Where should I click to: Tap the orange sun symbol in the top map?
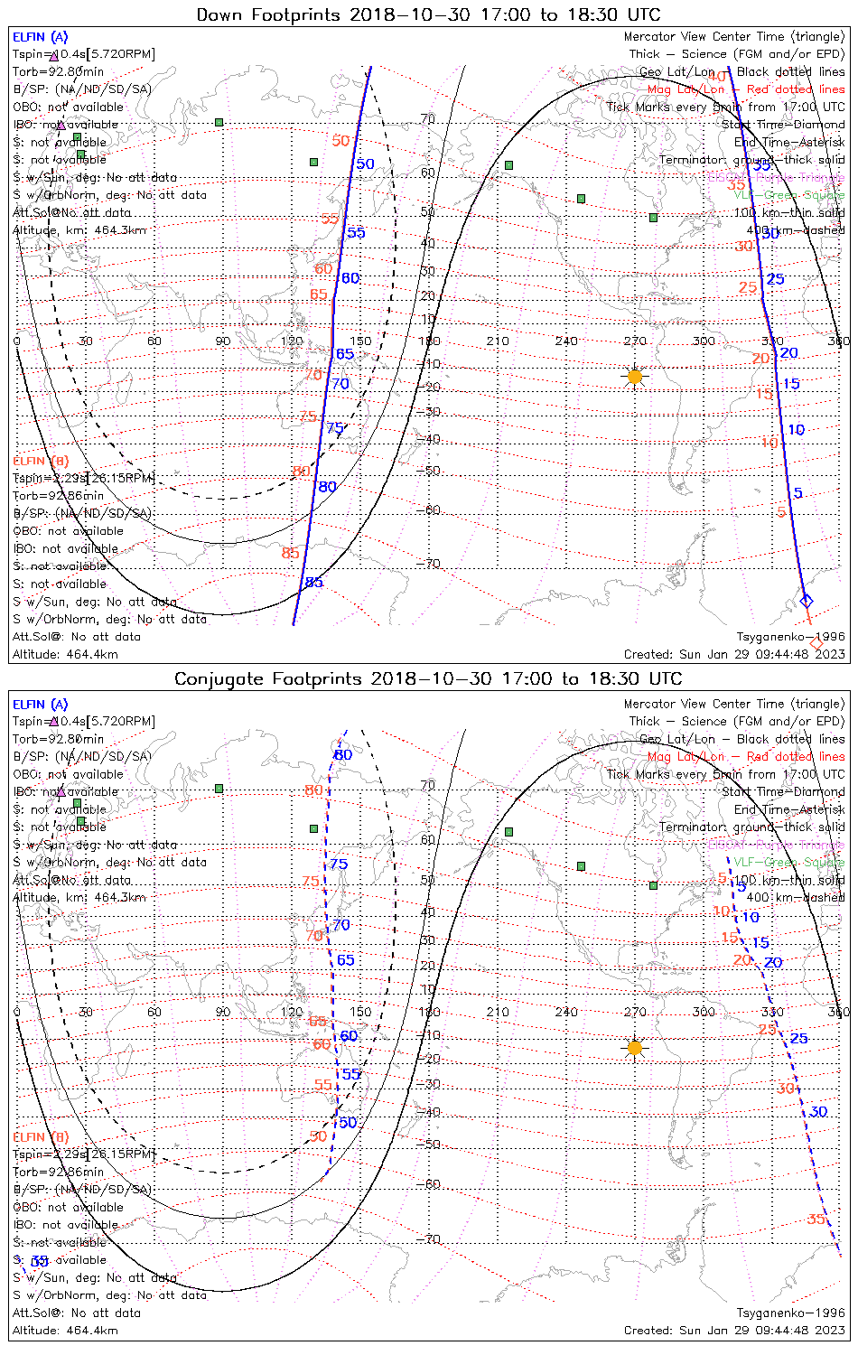[x=635, y=376]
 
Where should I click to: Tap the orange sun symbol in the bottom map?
[x=635, y=1048]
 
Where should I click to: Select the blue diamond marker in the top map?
[x=807, y=601]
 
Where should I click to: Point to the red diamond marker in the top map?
[x=816, y=643]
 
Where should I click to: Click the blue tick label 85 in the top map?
[x=313, y=583]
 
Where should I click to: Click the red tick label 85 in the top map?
[x=290, y=553]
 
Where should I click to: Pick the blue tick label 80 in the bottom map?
[x=343, y=755]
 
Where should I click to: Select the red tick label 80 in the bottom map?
[x=313, y=790]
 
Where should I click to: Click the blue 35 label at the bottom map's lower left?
[x=39, y=1261]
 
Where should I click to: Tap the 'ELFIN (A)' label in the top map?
[x=40, y=37]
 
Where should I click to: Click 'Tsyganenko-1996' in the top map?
[x=790, y=637]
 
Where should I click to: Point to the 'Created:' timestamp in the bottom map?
[x=734, y=1330]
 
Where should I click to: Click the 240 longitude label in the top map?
[x=566, y=341]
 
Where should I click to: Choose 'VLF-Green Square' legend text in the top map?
[x=788, y=195]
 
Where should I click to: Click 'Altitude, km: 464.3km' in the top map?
[x=79, y=230]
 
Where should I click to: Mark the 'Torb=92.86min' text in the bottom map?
[x=58, y=1172]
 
